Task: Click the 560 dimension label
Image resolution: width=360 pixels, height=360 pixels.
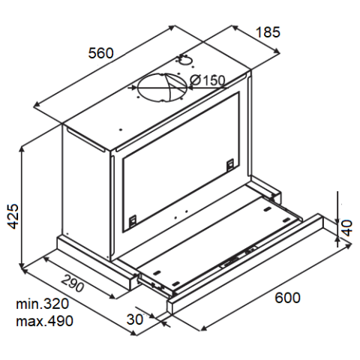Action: click(101, 53)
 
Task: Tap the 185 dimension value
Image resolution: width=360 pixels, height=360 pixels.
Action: click(268, 32)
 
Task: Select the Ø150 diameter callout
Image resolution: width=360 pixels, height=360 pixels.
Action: click(207, 80)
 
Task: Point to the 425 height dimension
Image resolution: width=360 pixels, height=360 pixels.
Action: click(13, 216)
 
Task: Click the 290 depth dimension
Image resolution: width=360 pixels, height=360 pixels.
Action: click(73, 283)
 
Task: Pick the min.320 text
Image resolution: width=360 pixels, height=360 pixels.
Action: click(42, 304)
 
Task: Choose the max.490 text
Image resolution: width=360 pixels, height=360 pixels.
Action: click(44, 321)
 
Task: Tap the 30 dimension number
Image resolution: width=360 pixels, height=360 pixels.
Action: click(135, 319)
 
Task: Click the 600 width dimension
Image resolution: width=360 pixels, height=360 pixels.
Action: click(287, 298)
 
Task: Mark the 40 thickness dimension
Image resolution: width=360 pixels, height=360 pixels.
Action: click(347, 228)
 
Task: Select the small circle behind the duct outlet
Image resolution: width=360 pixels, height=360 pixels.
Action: click(185, 60)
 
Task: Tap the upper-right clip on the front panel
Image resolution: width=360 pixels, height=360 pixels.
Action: click(230, 165)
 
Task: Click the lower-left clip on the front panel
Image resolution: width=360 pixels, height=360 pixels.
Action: click(133, 221)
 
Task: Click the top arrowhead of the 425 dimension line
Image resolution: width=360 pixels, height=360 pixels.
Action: click(22, 148)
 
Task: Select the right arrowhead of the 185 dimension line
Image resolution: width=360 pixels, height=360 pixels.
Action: click(277, 51)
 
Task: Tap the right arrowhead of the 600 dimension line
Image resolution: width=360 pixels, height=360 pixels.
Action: click(349, 246)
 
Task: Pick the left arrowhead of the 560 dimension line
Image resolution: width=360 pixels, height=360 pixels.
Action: click(37, 105)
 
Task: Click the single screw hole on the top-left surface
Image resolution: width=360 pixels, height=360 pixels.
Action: click(121, 130)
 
